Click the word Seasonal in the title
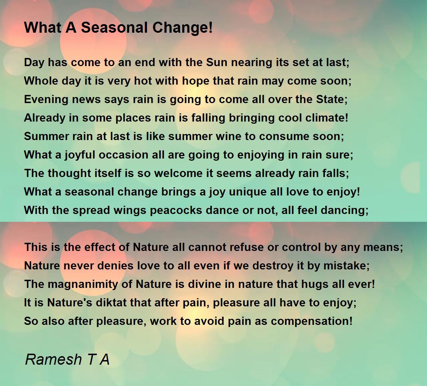point(114,28)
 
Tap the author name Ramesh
point(53,359)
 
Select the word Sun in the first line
point(217,62)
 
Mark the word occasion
point(123,155)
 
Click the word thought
point(69,173)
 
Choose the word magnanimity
point(83,284)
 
